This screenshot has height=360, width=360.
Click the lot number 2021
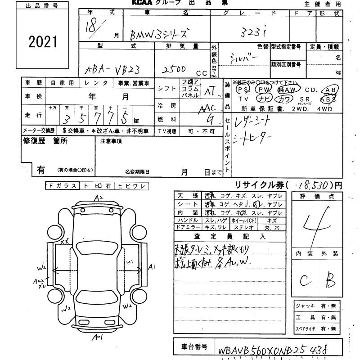[x=43, y=42]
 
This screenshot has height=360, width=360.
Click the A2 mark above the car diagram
[x=99, y=198]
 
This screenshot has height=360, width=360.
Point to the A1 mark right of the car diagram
[x=152, y=267]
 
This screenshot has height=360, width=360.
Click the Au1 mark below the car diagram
[x=98, y=337]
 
